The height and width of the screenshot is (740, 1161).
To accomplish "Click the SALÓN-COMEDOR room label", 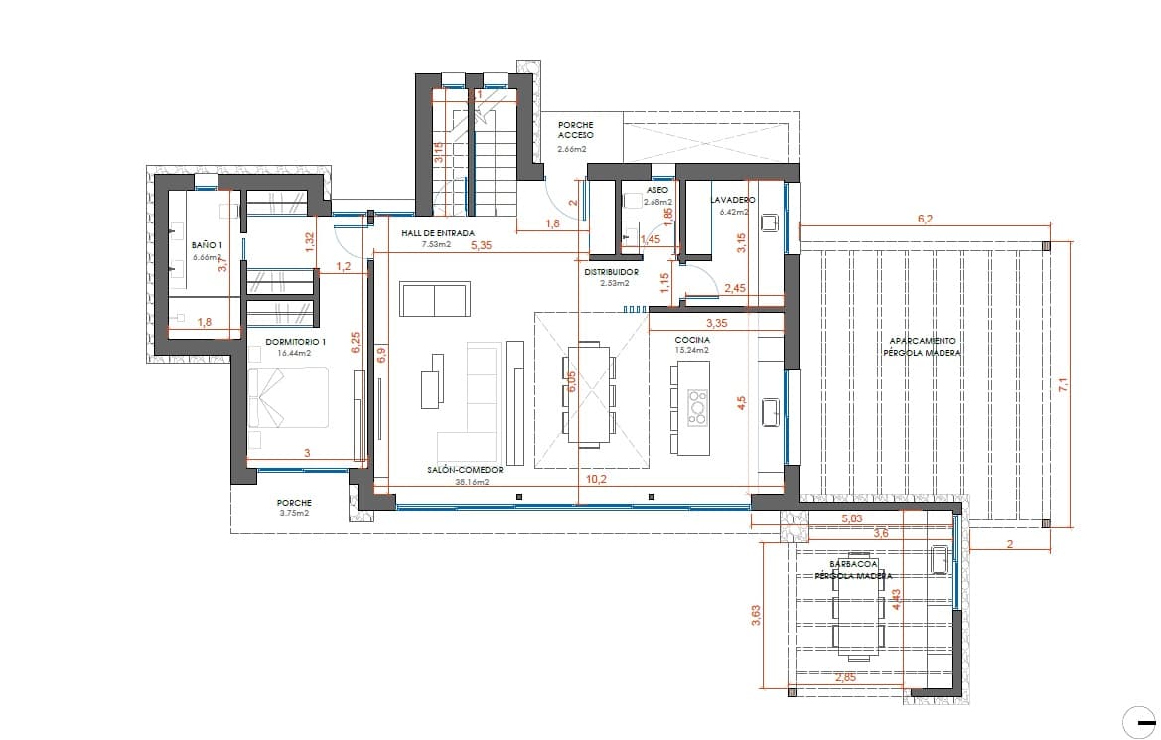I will [x=465, y=469].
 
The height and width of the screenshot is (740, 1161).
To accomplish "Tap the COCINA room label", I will [x=691, y=339].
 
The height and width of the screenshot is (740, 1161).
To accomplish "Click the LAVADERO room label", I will [x=733, y=200].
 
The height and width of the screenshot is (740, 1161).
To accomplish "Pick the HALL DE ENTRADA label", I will [x=430, y=233].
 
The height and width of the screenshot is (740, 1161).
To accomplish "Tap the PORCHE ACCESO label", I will [x=575, y=130].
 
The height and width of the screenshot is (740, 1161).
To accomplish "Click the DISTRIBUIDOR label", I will [x=611, y=272].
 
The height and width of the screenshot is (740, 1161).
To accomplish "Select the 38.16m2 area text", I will [x=472, y=482].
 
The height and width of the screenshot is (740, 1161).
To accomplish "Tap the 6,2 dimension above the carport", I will [x=924, y=218].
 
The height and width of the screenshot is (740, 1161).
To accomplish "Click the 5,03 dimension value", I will [x=852, y=518].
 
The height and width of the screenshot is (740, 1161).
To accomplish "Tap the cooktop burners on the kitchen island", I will [x=698, y=402].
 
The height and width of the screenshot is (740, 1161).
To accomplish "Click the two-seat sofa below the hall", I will [x=434, y=300].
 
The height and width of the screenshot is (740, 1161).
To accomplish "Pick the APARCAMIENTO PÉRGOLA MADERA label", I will [x=923, y=346].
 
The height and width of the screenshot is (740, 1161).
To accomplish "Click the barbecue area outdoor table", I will [x=860, y=613].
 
